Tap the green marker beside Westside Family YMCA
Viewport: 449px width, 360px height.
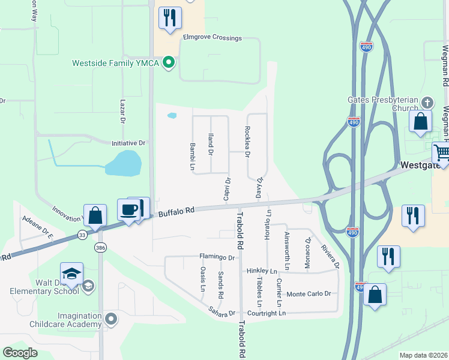pyautogui.click(x=169, y=62)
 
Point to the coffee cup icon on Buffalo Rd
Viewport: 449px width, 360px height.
pyautogui.click(x=129, y=210)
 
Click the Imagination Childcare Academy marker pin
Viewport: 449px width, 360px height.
pyautogui.click(x=110, y=319)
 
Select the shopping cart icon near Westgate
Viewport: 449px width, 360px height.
pyautogui.click(x=441, y=154)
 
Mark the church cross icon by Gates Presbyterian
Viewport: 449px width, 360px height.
pyautogui.click(x=427, y=103)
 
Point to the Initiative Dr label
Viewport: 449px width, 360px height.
pyautogui.click(x=128, y=143)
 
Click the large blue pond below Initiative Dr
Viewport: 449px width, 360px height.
pyautogui.click(x=124, y=163)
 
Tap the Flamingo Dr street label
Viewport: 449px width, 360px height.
pyautogui.click(x=217, y=257)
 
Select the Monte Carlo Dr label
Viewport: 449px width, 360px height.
pyautogui.click(x=309, y=293)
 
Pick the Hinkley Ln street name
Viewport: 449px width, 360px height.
pyautogui.click(x=262, y=271)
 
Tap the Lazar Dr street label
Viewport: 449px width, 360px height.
pyautogui.click(x=122, y=112)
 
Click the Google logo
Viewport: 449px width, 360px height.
pyautogui.click(x=20, y=353)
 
